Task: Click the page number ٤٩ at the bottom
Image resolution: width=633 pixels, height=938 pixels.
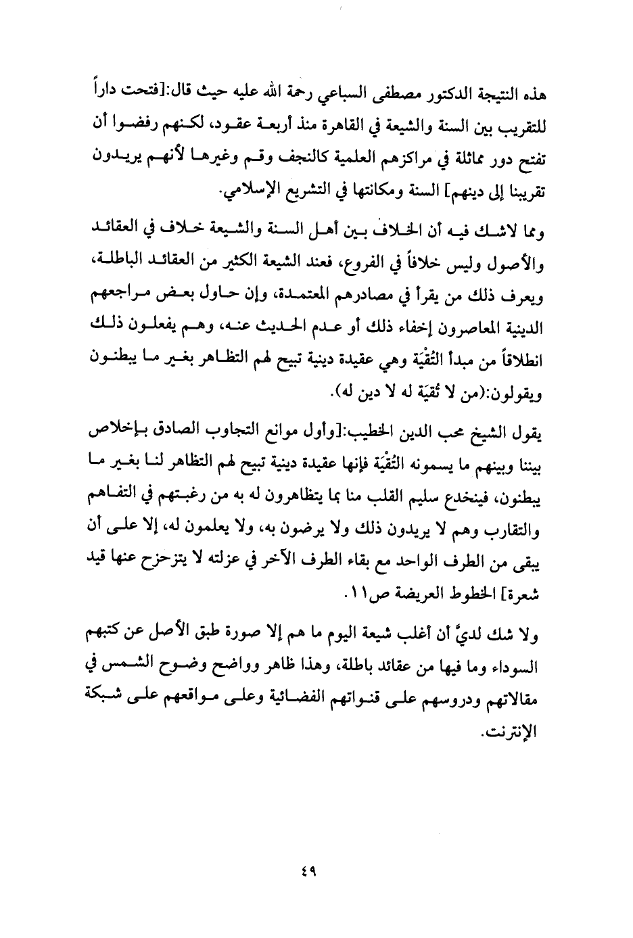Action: point(312,872)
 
